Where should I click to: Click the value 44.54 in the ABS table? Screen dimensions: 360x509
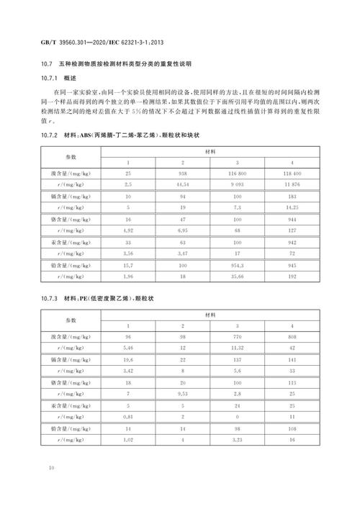coord(183,185)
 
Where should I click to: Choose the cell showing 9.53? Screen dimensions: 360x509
coord(183,395)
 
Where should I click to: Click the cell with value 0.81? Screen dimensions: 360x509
coord(128,415)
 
